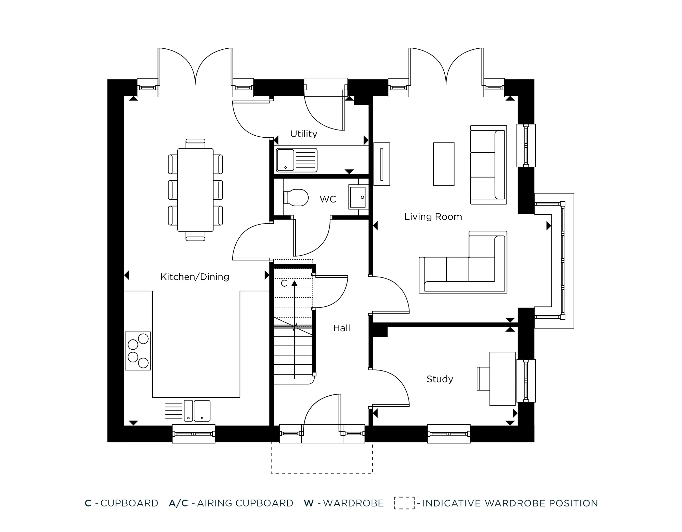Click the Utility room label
(303, 134)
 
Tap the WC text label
(328, 199)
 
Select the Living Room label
(433, 217)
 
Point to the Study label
(440, 379)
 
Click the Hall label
(341, 328)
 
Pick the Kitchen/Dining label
(195, 277)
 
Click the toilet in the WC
(296, 198)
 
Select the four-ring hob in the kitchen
(138, 351)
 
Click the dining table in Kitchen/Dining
(195, 189)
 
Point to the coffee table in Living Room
(444, 164)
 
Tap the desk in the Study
(502, 379)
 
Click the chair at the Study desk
(483, 379)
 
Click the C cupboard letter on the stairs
(284, 284)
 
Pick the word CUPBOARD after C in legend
(129, 503)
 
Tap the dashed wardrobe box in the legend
(404, 503)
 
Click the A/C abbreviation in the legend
(178, 503)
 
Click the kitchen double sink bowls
(197, 410)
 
